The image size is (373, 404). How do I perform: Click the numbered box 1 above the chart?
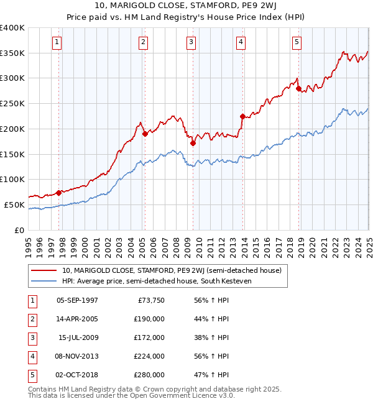pyautogui.click(x=57, y=42)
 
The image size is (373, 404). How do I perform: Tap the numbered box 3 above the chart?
pyautogui.click(x=191, y=42)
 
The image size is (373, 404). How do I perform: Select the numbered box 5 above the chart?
pyautogui.click(x=297, y=42)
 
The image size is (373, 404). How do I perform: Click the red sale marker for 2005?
pyautogui.click(x=145, y=133)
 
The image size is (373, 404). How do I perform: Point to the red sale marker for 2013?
pyautogui.click(x=242, y=116)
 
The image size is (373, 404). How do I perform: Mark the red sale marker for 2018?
pyautogui.click(x=298, y=88)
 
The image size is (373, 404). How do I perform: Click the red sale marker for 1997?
pyautogui.click(x=59, y=193)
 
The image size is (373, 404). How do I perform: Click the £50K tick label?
pyautogui.click(x=14, y=204)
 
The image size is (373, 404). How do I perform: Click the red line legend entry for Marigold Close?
pyautogui.click(x=172, y=270)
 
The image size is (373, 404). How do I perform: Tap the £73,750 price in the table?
pyautogui.click(x=149, y=300)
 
